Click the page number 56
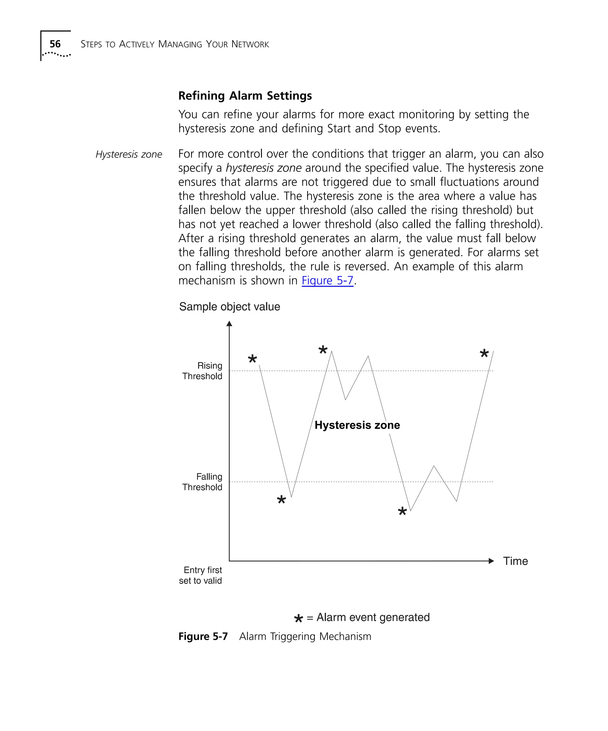tap(55, 44)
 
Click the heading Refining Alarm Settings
tap(245, 96)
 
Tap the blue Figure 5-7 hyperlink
tap(327, 281)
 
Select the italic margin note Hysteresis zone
tap(129, 154)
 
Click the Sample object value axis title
tap(229, 307)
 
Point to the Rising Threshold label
tap(202, 371)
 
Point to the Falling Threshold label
tap(202, 482)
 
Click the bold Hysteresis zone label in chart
tap(357, 425)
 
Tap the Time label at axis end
tap(515, 561)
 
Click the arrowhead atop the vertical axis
tap(229, 324)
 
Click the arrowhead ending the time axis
tap(491, 561)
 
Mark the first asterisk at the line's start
tap(252, 359)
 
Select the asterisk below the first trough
tap(281, 500)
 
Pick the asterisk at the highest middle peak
tap(323, 349)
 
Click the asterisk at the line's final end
tap(484, 353)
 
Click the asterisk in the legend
tap(298, 618)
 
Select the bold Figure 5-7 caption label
tap(203, 636)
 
